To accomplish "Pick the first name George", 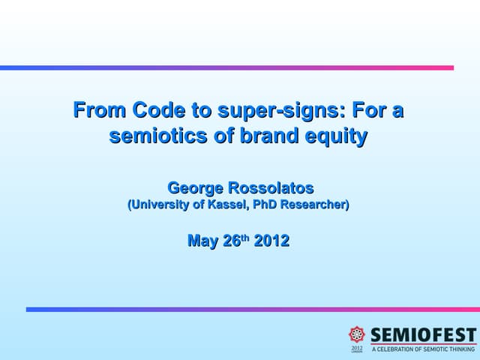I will [x=197, y=187].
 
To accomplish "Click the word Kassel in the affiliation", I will [x=229, y=204].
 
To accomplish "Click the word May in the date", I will [x=202, y=241].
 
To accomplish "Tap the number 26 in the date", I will [x=231, y=241].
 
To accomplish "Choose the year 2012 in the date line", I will [x=271, y=241].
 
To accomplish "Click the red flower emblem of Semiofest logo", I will [x=357, y=334].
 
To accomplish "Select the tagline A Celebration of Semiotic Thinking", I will [x=424, y=349].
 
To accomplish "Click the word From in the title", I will [x=100, y=111].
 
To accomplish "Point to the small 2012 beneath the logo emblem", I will [x=357, y=348].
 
